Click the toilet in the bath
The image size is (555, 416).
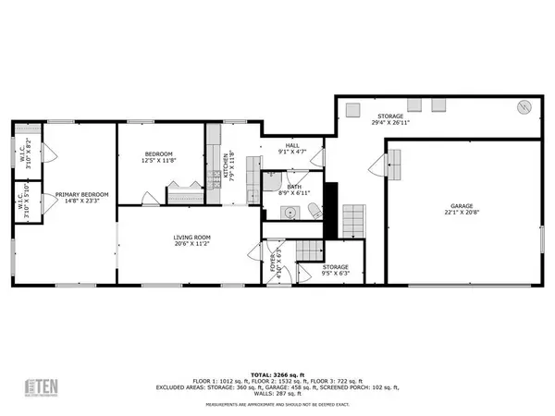click(314, 209)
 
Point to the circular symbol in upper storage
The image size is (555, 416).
click(524, 106)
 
